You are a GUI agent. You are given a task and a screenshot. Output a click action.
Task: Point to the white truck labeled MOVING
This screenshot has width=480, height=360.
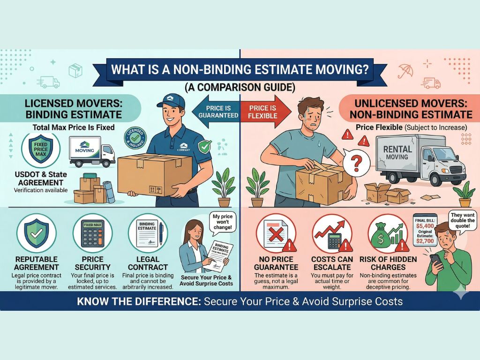[x=92, y=151]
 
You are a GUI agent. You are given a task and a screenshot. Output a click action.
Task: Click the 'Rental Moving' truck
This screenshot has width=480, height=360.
[x=419, y=159]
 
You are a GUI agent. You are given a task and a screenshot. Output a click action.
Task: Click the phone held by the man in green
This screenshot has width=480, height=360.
[x=435, y=261]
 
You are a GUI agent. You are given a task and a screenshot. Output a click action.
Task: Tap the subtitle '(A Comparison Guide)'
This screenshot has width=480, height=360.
[x=240, y=87]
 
